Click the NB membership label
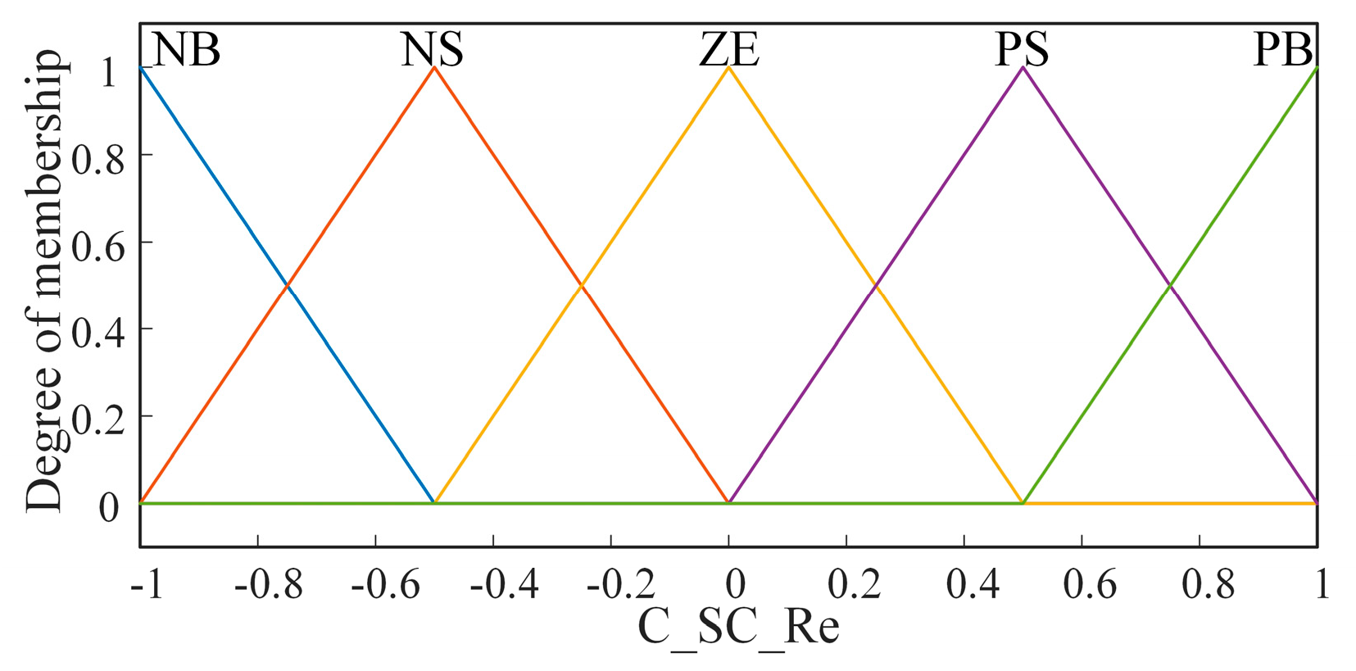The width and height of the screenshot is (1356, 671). point(186,50)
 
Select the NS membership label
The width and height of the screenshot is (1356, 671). point(432,50)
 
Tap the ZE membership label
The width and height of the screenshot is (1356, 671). point(729,50)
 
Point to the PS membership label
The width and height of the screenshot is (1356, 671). point(1022,50)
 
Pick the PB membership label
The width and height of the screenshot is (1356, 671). point(1283,50)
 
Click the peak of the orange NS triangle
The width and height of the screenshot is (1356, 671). point(435,68)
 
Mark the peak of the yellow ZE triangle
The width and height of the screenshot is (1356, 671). point(729,68)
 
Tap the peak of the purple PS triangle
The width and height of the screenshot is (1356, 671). point(1023,68)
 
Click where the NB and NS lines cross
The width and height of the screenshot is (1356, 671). point(288,285)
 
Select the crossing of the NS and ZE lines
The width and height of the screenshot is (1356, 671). point(582,285)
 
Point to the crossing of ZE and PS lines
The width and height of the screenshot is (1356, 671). point(876,285)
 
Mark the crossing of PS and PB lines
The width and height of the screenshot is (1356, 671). point(1171,285)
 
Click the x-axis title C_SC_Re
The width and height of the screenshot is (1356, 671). point(738,628)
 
